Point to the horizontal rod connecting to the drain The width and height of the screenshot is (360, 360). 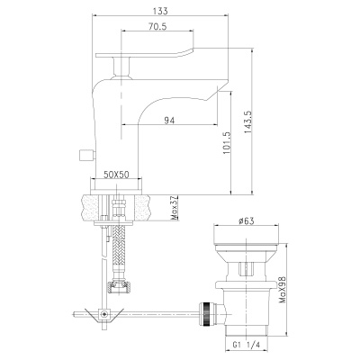tap(162, 314)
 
